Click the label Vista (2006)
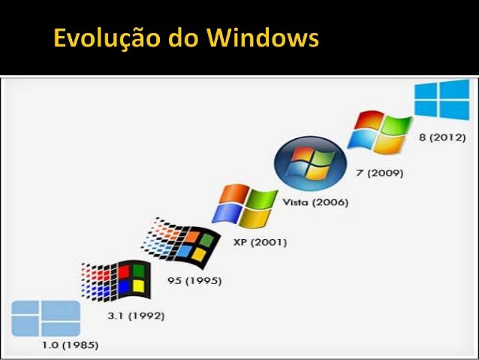[315, 202]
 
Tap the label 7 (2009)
[378, 172]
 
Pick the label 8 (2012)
[442, 137]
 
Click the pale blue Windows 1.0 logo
[46, 318]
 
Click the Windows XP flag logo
[244, 205]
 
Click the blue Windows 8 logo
[441, 99]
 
